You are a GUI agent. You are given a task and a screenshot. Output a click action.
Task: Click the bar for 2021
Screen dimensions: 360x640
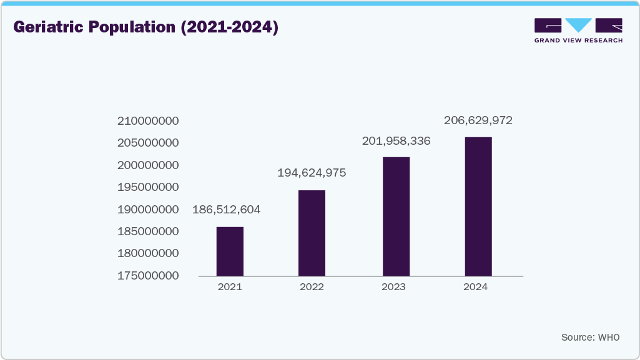tap(230, 251)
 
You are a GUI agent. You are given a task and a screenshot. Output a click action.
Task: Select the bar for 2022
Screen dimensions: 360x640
tap(312, 233)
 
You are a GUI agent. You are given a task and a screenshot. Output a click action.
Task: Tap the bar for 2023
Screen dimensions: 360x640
tap(396, 216)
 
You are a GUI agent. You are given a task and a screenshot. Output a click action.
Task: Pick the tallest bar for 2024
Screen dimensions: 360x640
tap(478, 206)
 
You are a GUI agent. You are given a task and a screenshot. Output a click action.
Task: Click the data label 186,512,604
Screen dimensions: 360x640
tap(226, 210)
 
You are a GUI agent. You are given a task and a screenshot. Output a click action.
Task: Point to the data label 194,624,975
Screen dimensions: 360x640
tap(312, 173)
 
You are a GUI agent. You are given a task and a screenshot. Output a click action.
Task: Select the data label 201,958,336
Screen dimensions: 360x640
tap(396, 141)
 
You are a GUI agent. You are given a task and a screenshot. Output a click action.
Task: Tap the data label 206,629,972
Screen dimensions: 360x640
tap(478, 120)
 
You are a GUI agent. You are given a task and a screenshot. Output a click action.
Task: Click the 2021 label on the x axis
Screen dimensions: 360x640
tap(230, 287)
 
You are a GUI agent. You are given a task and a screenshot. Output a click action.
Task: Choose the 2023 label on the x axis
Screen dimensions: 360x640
tap(393, 287)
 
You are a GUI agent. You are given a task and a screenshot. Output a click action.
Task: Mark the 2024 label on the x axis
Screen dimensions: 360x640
tap(476, 287)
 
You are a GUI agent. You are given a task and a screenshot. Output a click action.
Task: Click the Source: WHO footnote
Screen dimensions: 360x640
tap(590, 337)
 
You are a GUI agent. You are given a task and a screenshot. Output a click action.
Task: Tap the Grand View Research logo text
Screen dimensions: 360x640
tap(578, 40)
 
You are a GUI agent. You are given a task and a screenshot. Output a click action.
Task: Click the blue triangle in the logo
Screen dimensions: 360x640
tap(578, 24)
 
